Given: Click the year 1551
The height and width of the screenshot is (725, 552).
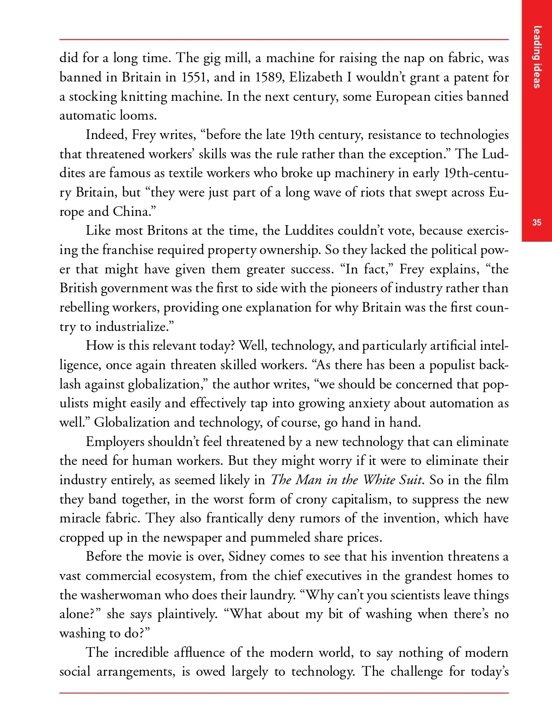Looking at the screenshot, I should pos(195,77).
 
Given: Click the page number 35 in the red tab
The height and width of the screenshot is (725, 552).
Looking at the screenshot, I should pos(536,223).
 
